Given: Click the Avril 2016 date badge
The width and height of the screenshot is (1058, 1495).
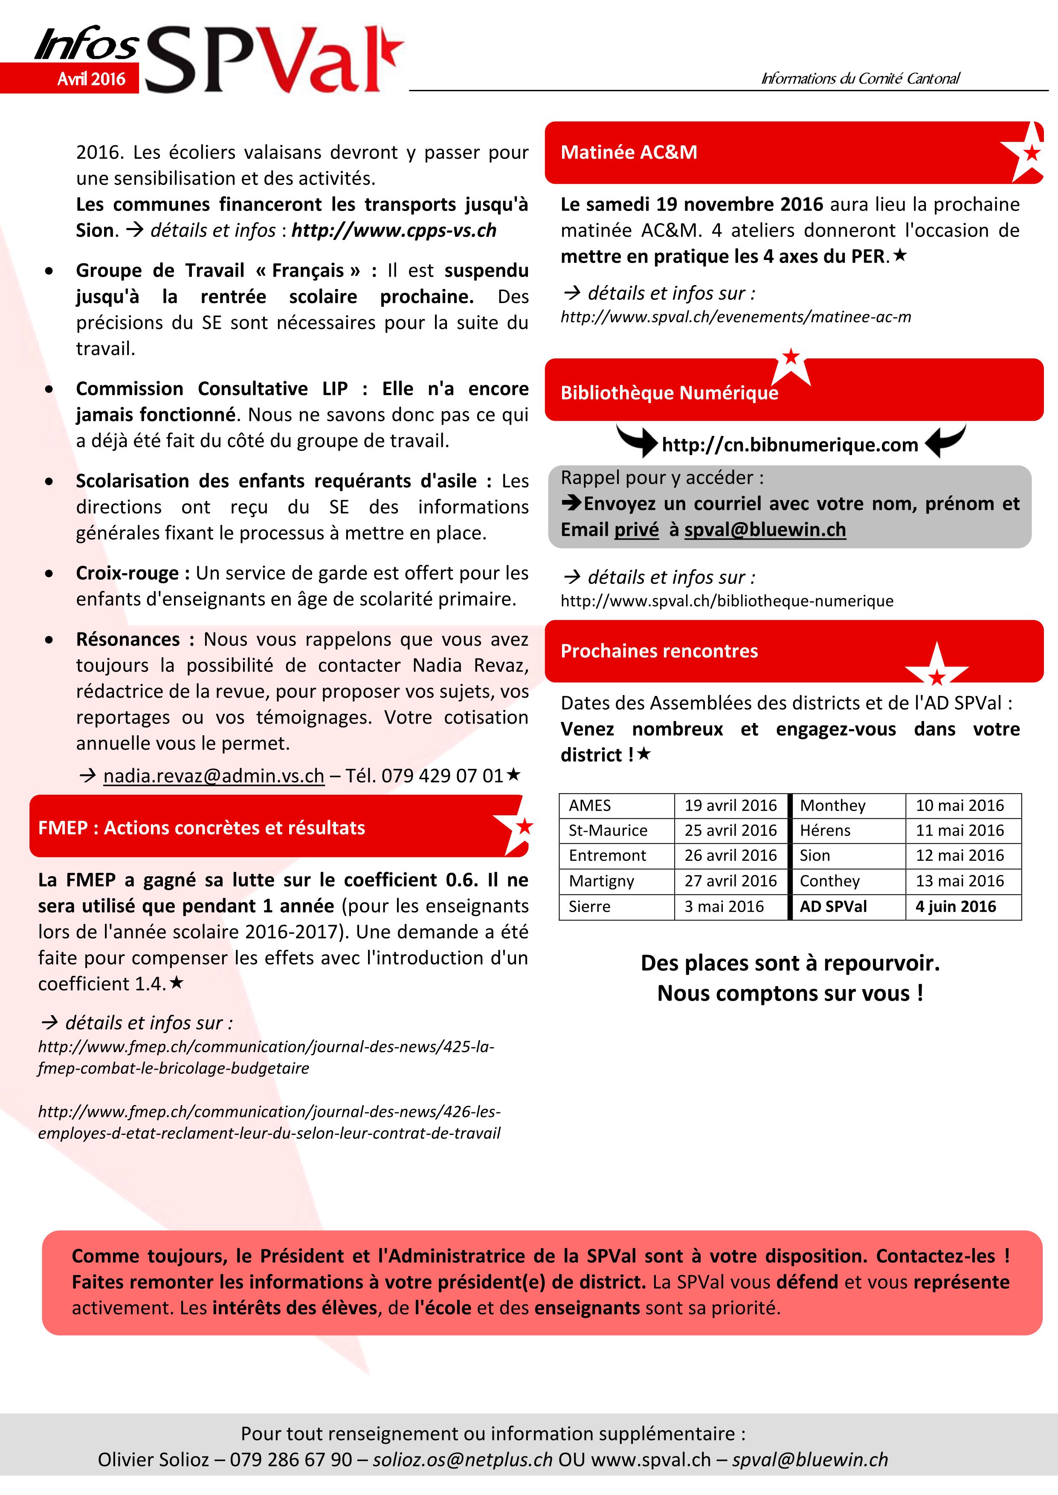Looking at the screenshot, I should tap(91, 79).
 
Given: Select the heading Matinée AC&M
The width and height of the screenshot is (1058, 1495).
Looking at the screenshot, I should tap(629, 153).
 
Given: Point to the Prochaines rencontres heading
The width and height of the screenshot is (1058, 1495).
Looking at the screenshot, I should tap(659, 651).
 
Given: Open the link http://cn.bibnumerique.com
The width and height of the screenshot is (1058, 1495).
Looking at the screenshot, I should tap(790, 445).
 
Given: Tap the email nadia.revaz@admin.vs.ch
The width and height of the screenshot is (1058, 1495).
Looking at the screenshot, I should tap(214, 776).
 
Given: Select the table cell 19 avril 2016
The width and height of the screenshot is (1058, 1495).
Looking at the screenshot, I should tap(730, 805).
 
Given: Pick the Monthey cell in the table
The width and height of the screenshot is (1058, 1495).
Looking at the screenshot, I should tap(832, 805).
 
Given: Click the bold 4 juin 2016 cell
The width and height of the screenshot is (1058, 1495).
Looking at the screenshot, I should tap(956, 906).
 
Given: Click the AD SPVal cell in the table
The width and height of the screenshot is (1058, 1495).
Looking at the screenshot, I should tap(833, 906).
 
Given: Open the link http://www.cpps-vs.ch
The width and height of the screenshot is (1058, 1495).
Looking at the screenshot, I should tap(394, 231).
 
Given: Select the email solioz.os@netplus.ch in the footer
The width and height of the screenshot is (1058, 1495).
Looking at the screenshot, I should tap(463, 1460).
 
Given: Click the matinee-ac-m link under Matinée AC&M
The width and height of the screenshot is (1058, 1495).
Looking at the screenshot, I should tap(736, 317).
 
